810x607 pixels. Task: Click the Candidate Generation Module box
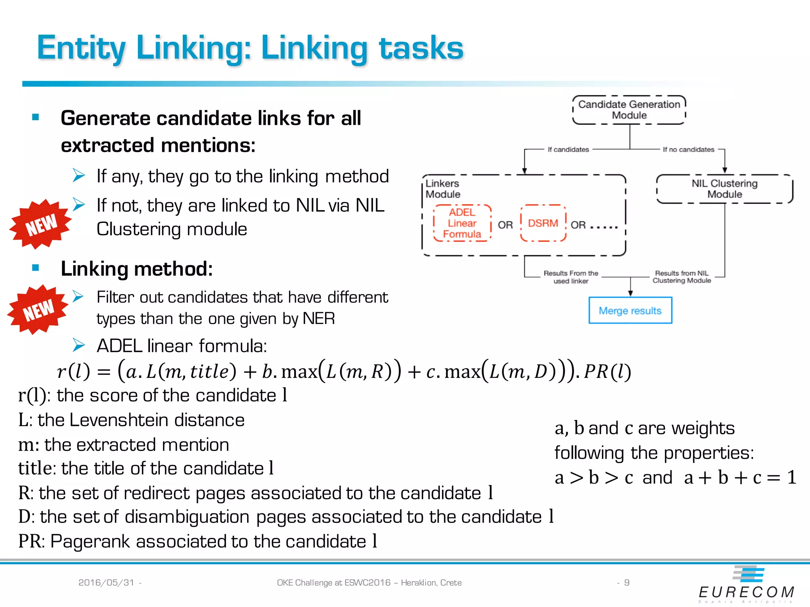pyautogui.click(x=629, y=110)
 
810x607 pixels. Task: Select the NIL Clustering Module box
pyautogui.click(x=725, y=189)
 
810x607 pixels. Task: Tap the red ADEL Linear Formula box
pyautogui.click(x=462, y=223)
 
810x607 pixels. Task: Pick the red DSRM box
pyautogui.click(x=543, y=223)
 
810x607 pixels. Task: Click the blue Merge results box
pyautogui.click(x=630, y=311)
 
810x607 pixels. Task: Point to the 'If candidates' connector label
pyautogui.click(x=568, y=149)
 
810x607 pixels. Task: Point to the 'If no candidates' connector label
pyautogui.click(x=688, y=149)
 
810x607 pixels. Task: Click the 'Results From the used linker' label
pyautogui.click(x=571, y=277)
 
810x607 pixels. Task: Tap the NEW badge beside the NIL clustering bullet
pyautogui.click(x=40, y=224)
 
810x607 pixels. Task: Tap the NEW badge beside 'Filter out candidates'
pyautogui.click(x=38, y=309)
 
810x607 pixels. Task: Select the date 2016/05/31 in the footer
pyautogui.click(x=106, y=582)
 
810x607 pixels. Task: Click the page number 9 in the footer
pyautogui.click(x=627, y=582)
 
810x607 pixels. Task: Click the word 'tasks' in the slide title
pyautogui.click(x=421, y=48)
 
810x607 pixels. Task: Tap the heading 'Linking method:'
pyautogui.click(x=137, y=269)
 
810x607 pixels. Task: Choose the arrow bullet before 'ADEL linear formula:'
pyautogui.click(x=79, y=345)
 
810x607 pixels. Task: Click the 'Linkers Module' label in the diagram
pyautogui.click(x=443, y=189)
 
